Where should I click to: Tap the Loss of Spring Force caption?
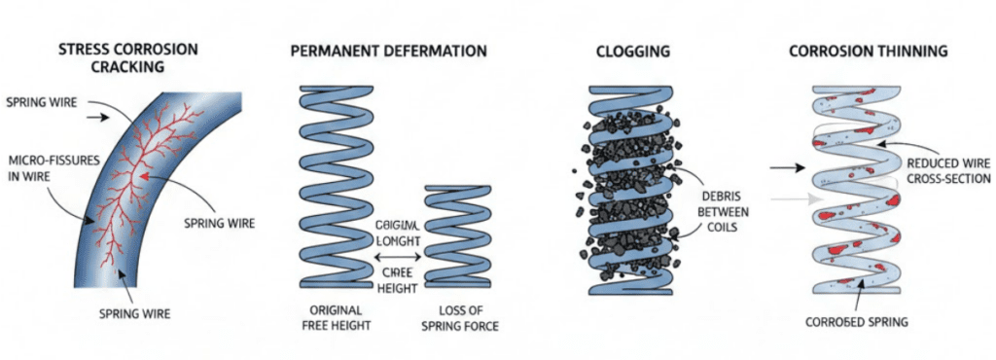pyautogui.click(x=461, y=317)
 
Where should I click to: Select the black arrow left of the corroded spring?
pyautogui.click(x=786, y=168)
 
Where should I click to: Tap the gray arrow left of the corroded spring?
pyautogui.click(x=786, y=198)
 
